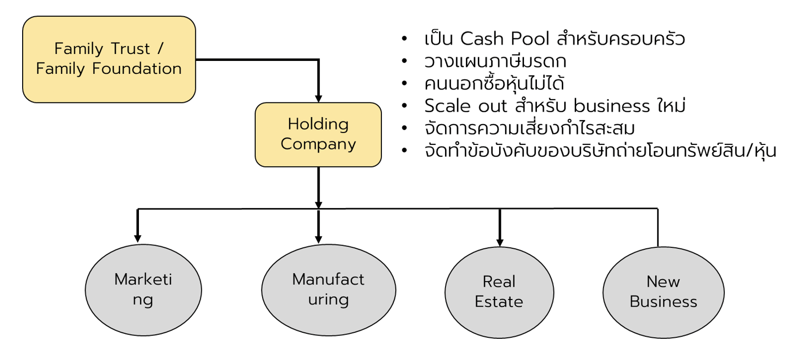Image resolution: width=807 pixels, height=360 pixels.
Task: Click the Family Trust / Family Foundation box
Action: click(x=109, y=59)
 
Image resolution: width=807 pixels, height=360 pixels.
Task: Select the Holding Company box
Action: click(x=318, y=134)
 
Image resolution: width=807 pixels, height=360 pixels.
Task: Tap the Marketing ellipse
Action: click(x=143, y=290)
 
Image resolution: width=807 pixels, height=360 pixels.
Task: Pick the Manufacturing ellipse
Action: click(x=328, y=290)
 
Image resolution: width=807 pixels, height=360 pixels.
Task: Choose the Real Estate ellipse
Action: click(x=499, y=292)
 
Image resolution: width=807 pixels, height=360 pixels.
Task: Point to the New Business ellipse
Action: click(x=663, y=292)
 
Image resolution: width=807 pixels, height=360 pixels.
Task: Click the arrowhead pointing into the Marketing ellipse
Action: click(x=138, y=238)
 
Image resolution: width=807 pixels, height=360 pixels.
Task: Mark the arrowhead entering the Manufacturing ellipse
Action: click(x=319, y=239)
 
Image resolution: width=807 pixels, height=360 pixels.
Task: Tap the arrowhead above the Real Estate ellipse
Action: click(x=500, y=242)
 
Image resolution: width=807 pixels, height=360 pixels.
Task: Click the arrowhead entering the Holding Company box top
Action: click(x=319, y=98)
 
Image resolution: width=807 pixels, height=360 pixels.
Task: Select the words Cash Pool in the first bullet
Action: click(x=505, y=39)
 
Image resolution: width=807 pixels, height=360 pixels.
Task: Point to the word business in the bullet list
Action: click(x=611, y=107)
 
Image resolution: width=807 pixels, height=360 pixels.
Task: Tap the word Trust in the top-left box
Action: click(x=130, y=49)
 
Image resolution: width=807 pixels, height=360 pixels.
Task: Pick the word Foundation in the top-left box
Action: click(x=137, y=69)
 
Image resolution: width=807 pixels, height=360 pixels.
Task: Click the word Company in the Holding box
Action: click(x=318, y=144)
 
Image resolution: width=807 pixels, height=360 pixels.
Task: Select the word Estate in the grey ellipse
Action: click(x=499, y=302)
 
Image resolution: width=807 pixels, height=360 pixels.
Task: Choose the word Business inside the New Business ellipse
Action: click(x=663, y=302)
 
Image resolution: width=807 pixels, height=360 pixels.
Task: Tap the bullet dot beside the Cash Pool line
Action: click(x=404, y=39)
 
